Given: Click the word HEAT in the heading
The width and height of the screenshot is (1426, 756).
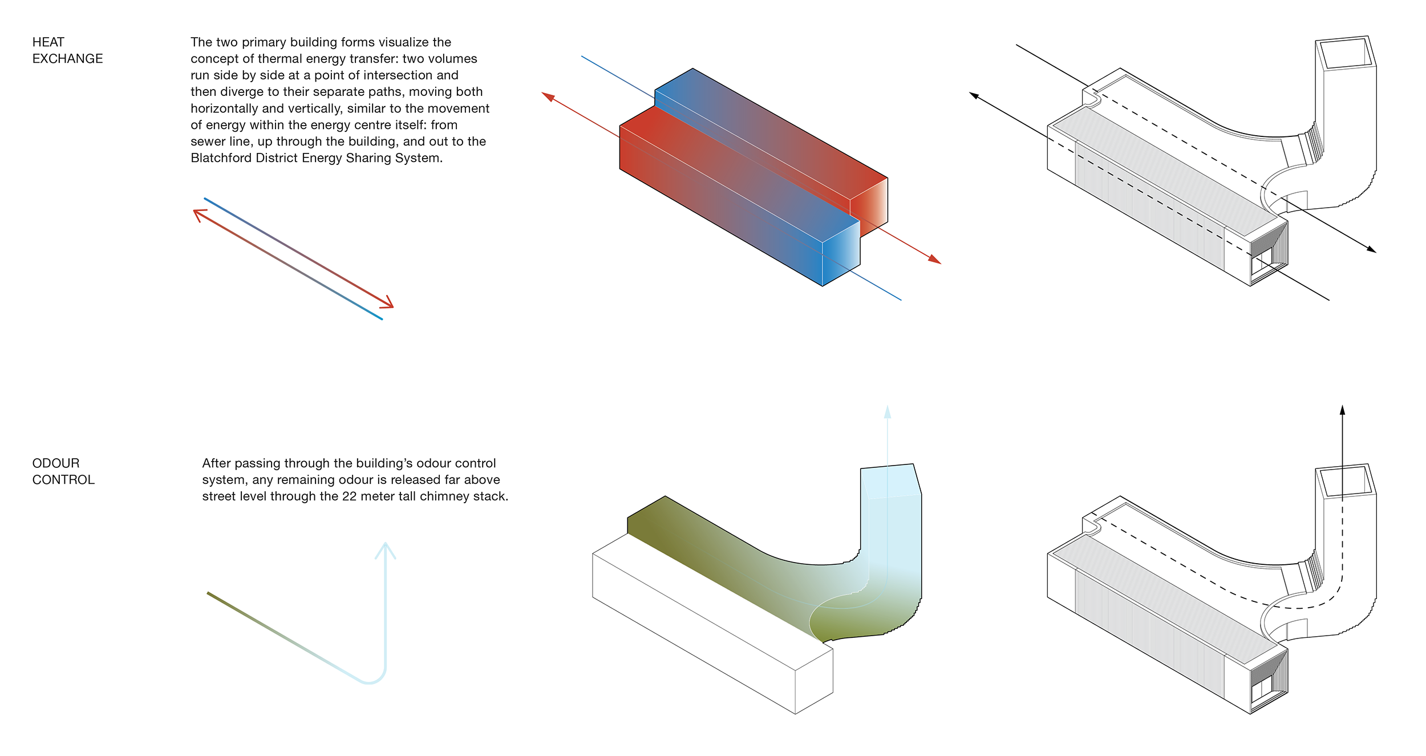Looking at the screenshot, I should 48,42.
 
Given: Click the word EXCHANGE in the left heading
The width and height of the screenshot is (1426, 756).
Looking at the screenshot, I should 67,59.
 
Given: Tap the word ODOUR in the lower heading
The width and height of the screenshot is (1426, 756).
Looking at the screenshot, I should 56,463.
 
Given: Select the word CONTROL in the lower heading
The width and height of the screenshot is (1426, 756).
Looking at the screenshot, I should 63,480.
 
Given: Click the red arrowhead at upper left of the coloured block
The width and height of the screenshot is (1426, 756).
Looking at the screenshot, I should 548,96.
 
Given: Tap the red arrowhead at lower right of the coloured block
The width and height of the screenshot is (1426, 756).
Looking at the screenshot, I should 934,260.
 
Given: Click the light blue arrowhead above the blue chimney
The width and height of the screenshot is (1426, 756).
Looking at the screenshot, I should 888,411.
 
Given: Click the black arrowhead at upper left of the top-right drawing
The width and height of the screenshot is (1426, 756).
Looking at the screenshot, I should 974,95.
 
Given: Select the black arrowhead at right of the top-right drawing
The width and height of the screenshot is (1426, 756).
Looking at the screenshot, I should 1371,249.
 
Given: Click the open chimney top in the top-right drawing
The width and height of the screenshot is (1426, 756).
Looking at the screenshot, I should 1346,55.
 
